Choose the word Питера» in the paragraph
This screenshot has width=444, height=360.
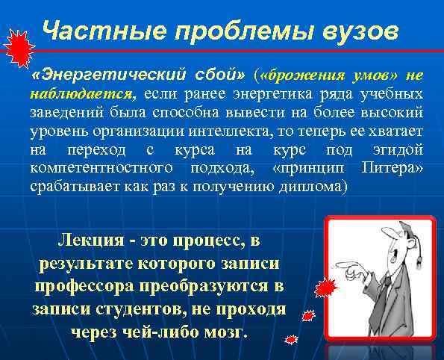click(x=392, y=168)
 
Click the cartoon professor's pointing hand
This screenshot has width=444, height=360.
click(x=344, y=265)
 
